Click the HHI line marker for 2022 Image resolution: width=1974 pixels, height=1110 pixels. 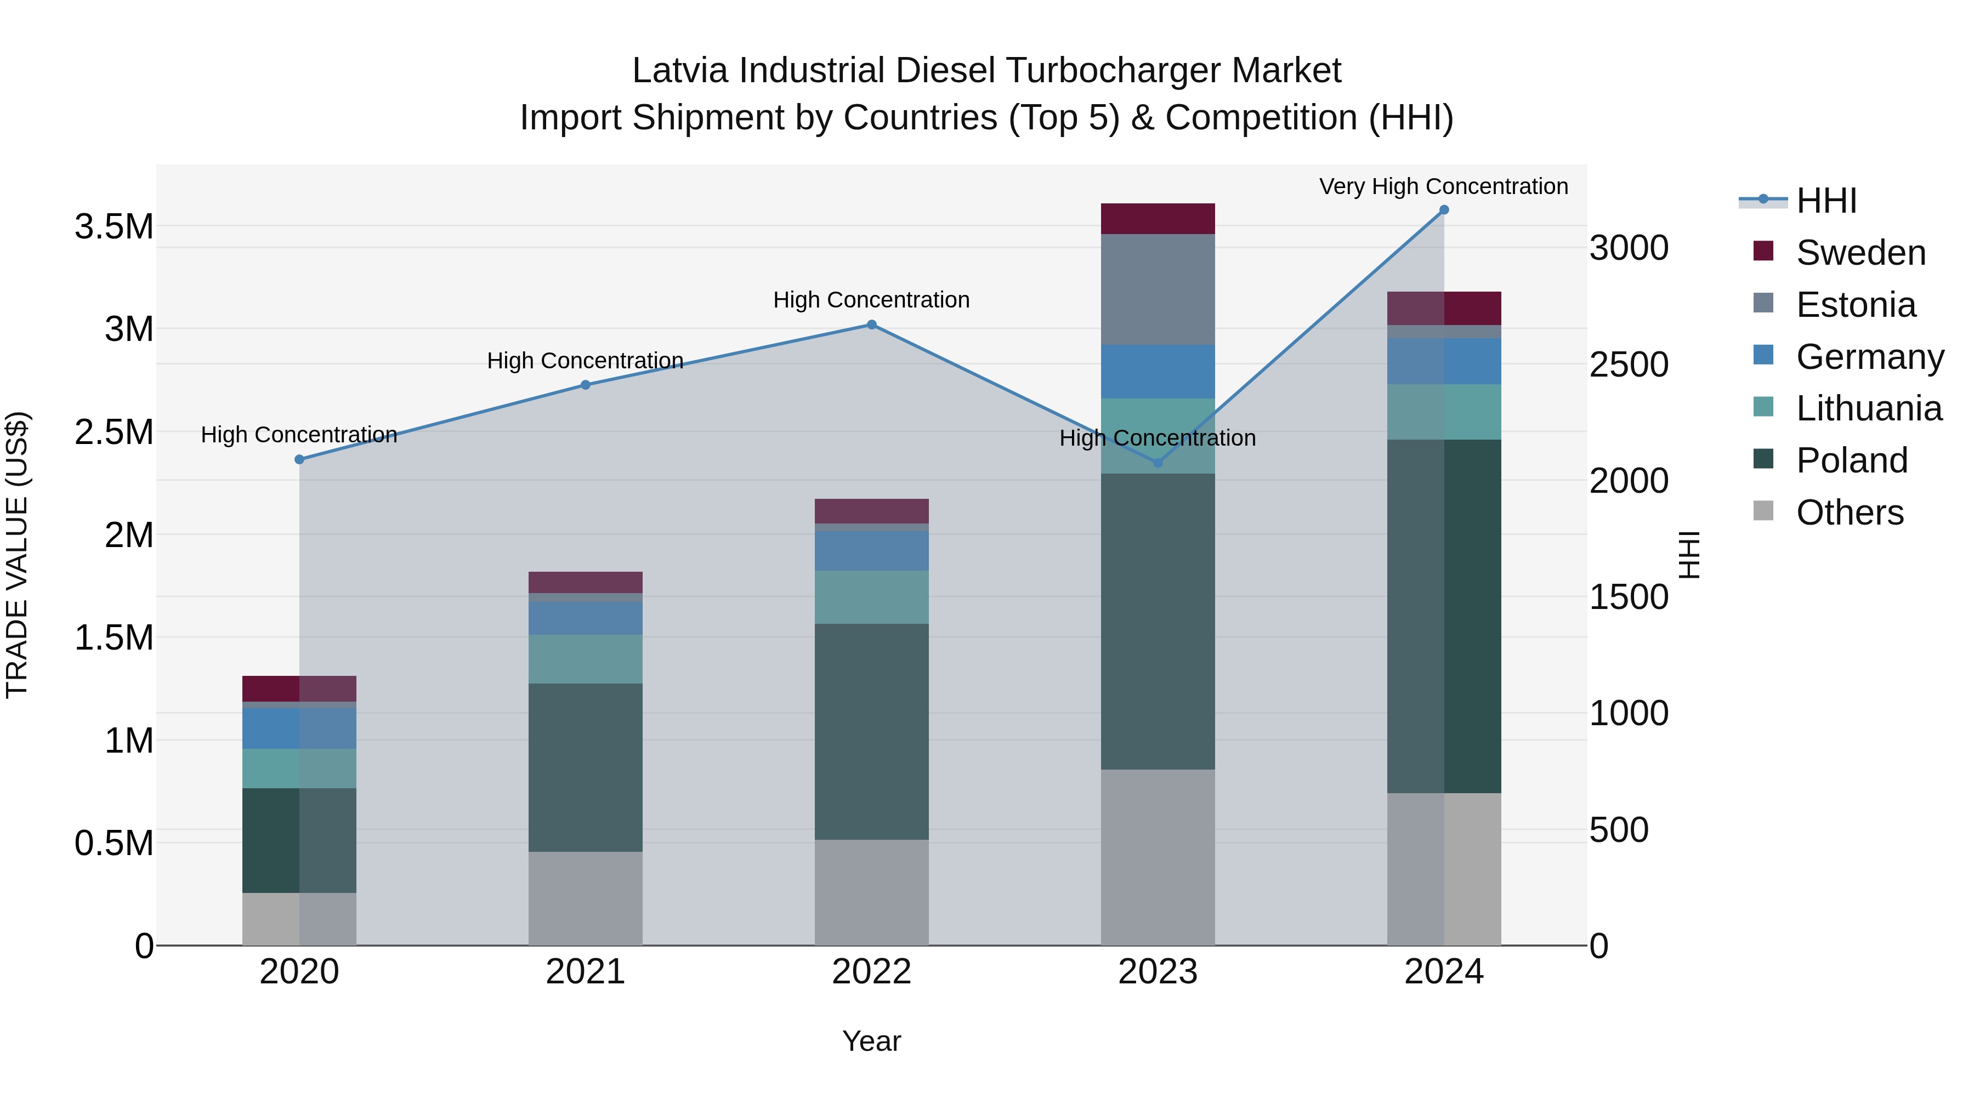tap(871, 325)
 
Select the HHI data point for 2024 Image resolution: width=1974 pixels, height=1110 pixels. tap(1444, 210)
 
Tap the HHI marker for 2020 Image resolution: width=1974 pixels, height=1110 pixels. tap(299, 460)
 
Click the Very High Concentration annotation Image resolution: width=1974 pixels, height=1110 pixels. tap(1443, 186)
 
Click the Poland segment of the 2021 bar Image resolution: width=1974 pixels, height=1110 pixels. tap(586, 767)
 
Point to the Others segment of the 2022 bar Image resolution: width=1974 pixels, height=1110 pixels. tap(871, 892)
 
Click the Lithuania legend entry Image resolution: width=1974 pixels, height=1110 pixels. tap(1868, 408)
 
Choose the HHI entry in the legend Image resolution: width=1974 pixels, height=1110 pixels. tap(1826, 201)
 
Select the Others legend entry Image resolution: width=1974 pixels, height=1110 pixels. tap(1849, 513)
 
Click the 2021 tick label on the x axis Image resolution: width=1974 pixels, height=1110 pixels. tap(586, 972)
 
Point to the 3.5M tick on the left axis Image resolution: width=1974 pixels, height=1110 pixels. tap(114, 227)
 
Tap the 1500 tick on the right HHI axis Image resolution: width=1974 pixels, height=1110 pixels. tap(1629, 597)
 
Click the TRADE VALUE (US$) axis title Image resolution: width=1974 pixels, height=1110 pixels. tap(17, 555)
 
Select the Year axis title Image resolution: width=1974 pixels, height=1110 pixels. tap(871, 1041)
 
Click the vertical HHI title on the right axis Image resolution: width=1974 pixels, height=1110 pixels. tap(1689, 555)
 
